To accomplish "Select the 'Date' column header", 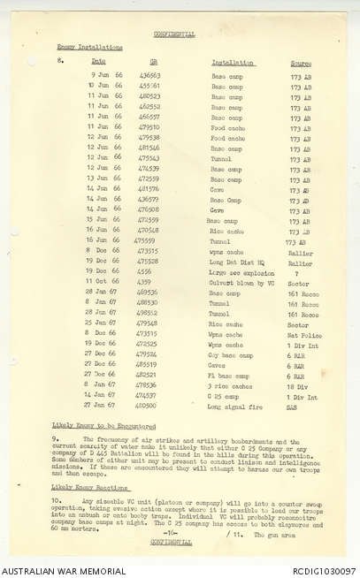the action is pyautogui.click(x=99, y=63).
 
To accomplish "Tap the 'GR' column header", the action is pyautogui.click(x=154, y=63).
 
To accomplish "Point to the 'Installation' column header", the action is pyautogui.click(x=233, y=63).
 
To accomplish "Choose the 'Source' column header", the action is pyautogui.click(x=301, y=63).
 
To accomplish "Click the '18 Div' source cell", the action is pyautogui.click(x=298, y=385).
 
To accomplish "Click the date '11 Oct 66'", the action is pyautogui.click(x=102, y=282).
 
